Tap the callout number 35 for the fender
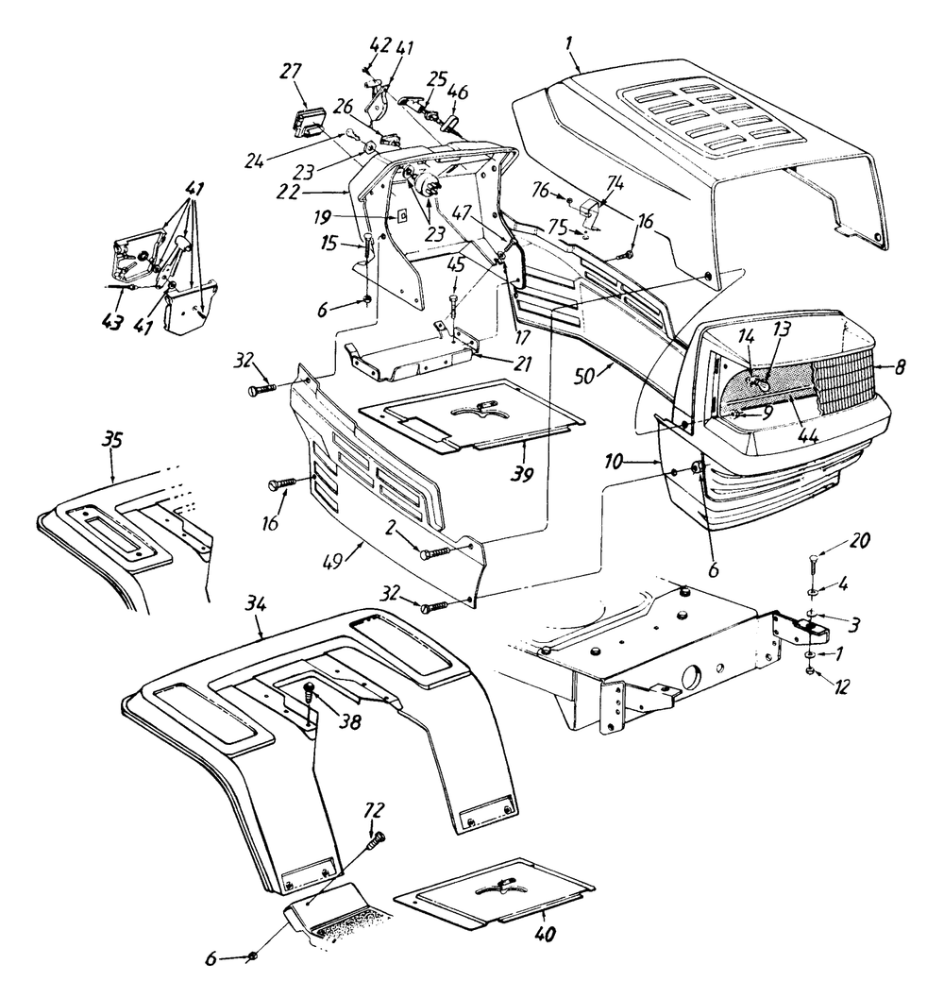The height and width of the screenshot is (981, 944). pos(112,440)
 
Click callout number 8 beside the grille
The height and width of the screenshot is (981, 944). pos(900,366)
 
